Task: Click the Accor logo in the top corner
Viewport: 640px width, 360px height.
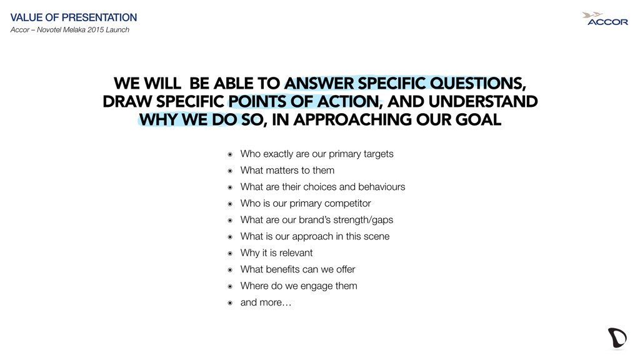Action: [x=605, y=19]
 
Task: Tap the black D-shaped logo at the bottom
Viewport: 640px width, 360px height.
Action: [x=617, y=338]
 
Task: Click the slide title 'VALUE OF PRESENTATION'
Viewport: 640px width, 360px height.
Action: [x=74, y=17]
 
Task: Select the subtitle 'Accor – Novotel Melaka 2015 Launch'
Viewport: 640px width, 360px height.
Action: [x=70, y=30]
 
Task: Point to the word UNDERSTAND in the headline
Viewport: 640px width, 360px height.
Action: [x=483, y=101]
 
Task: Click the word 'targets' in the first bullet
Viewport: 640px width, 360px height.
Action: [x=378, y=154]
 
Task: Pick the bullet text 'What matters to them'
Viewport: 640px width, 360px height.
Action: [x=287, y=170]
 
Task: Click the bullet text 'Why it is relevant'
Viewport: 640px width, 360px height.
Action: [x=276, y=253]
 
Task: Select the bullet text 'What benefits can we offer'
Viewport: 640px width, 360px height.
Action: [x=297, y=269]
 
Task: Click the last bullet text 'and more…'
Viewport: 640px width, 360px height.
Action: [x=266, y=302]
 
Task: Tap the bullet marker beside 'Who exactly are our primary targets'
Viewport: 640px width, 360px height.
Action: [x=230, y=154]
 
